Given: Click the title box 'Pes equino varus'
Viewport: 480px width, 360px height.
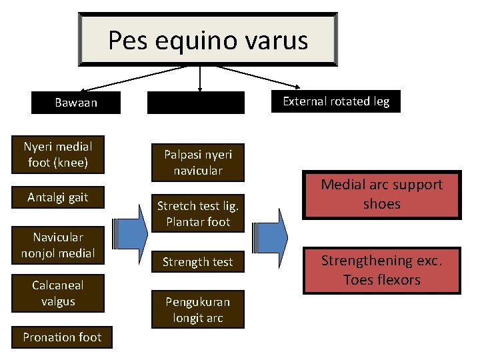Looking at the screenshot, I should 207,40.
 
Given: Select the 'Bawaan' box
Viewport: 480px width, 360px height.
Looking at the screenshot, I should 76,103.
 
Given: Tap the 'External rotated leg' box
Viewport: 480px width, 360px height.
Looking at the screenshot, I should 336,101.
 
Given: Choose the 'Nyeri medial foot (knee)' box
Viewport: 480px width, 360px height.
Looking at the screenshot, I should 58,154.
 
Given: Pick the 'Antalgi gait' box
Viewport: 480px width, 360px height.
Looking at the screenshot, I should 58,197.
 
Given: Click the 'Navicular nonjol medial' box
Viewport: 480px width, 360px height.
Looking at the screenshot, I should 58,245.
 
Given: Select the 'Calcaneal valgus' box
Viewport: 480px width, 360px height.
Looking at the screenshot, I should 58,293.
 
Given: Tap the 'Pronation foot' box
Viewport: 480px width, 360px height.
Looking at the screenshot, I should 63,337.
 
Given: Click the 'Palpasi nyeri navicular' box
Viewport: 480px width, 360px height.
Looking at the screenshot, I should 198,162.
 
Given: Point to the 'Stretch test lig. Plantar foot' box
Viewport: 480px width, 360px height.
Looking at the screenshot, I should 198,213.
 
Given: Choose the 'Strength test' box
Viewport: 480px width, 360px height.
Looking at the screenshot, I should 198,262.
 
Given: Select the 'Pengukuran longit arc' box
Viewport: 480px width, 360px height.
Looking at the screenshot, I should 198,309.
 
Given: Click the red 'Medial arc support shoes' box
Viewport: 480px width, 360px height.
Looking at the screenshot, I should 381,194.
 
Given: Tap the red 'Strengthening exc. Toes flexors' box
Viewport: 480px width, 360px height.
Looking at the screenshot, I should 381,269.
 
